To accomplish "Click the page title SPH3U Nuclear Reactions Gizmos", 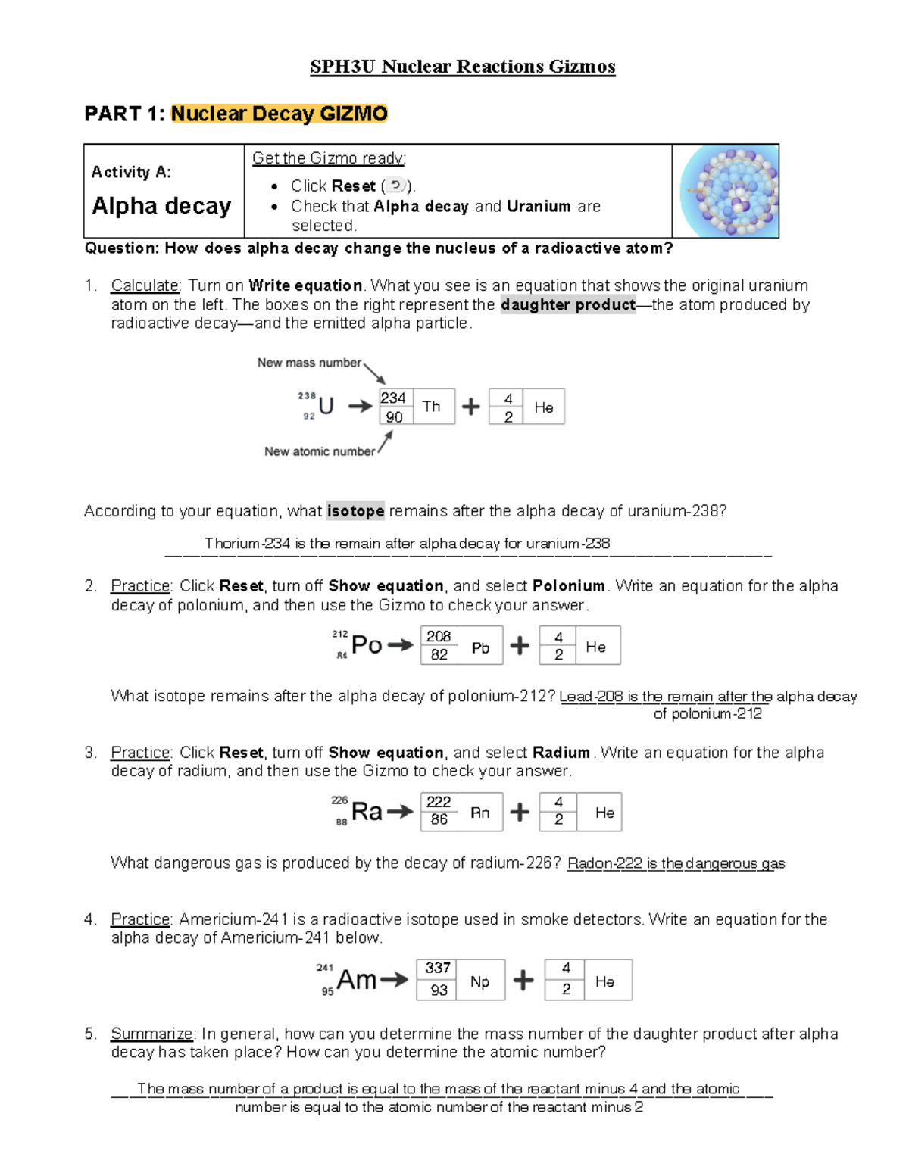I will [x=462, y=67].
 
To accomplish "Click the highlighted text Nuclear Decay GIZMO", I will [x=279, y=114].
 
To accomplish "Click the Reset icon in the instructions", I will [x=395, y=186].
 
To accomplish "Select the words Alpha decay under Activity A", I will [x=161, y=206].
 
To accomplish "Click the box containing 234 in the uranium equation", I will [x=394, y=398].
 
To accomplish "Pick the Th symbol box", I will [x=433, y=407].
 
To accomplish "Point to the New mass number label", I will [x=309, y=363].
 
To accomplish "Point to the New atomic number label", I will [x=319, y=451].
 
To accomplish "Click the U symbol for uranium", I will [x=326, y=407].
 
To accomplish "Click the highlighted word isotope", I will [x=355, y=511].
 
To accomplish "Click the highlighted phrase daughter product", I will [x=568, y=304].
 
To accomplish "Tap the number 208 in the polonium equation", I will [x=439, y=637].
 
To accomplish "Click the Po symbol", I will [x=367, y=645].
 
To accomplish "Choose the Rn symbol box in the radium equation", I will [x=480, y=813].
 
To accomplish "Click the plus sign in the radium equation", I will [x=520, y=813].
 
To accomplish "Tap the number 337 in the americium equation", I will [x=438, y=969].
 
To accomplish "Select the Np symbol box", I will [x=480, y=981].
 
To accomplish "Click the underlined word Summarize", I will [x=151, y=1034].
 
